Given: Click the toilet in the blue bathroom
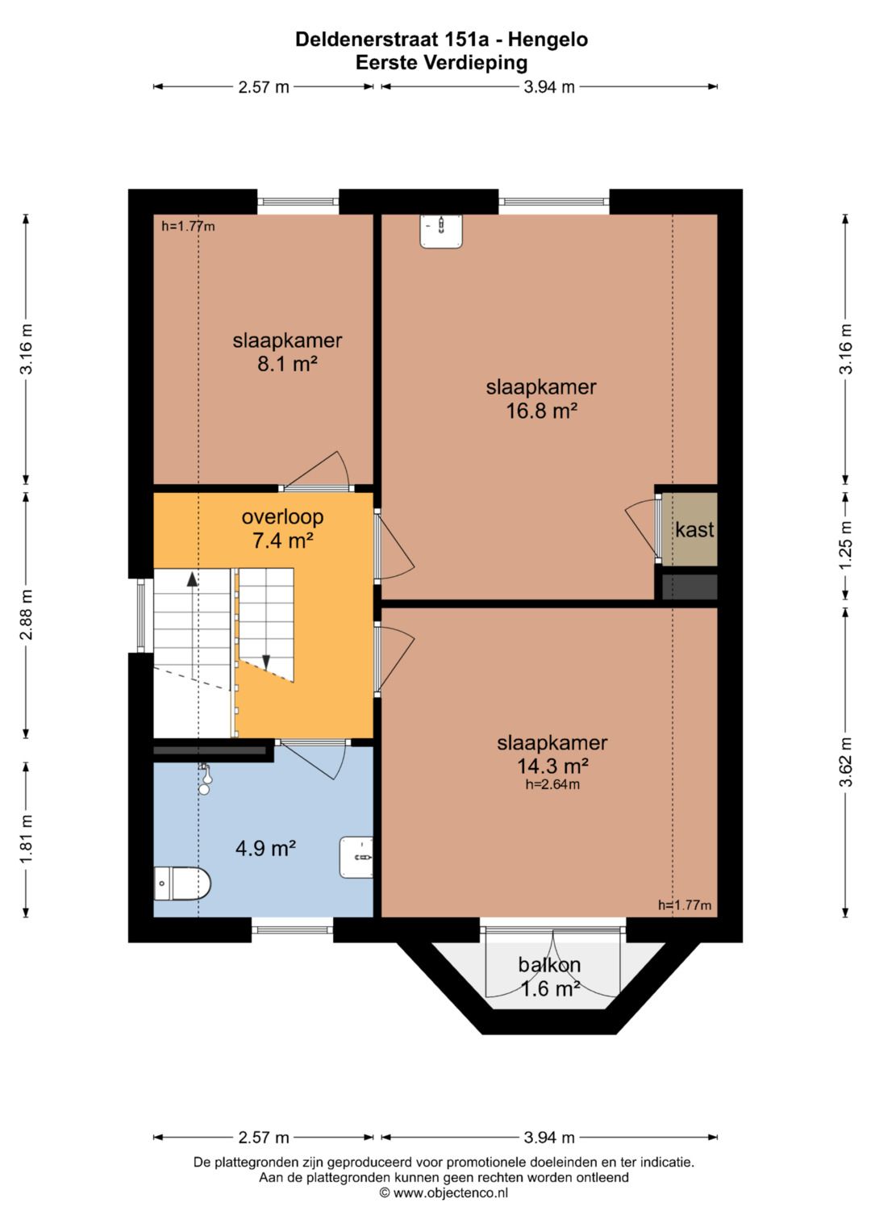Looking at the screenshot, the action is pos(182,883).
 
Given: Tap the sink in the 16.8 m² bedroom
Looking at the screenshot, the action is pos(441,231).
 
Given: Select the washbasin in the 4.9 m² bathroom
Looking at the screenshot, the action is pos(356,858).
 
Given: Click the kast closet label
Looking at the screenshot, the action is pos(694,529).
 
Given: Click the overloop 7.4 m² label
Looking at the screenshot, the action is pos(282,529).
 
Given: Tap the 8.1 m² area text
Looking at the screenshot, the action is pos(288,364).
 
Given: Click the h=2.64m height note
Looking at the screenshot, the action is pos(552,784).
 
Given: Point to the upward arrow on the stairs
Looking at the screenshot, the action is pos(191,578).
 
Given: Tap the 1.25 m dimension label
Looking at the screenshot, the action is pos(846,545).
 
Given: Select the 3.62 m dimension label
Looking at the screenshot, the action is pos(846,762).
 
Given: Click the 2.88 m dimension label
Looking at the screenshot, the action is pos(26,614).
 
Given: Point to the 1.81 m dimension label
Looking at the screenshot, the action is pos(26,839).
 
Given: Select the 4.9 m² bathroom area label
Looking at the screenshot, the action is pos(266,848).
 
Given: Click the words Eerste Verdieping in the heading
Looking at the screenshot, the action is pos(442,63).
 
